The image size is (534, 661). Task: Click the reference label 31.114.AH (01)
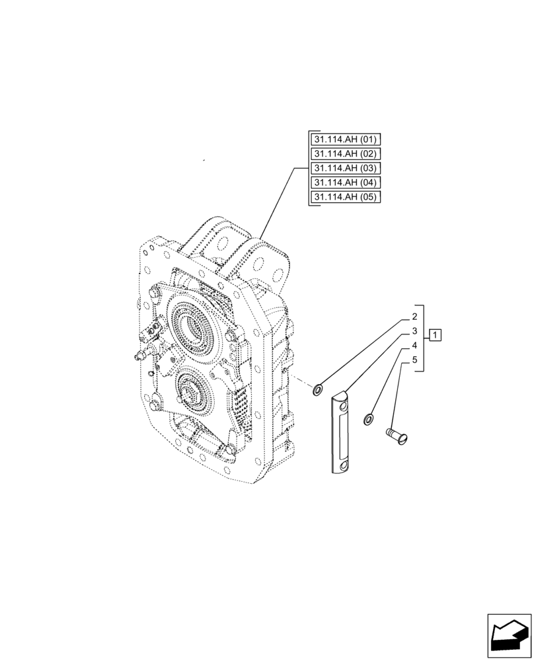click(x=344, y=139)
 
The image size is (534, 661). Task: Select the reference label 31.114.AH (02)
click(x=344, y=154)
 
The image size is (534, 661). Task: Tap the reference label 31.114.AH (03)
click(x=344, y=169)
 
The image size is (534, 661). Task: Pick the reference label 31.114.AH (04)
click(x=344, y=183)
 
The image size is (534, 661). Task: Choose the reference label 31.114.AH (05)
click(x=344, y=198)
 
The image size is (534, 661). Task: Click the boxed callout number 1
click(x=435, y=335)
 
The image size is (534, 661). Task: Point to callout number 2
click(x=414, y=317)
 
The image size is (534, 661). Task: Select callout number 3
click(x=414, y=331)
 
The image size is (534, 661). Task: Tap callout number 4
click(x=414, y=346)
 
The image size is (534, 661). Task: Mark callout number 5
click(x=414, y=360)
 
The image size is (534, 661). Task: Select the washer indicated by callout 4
click(x=368, y=418)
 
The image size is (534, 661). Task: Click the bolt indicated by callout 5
click(x=397, y=434)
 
